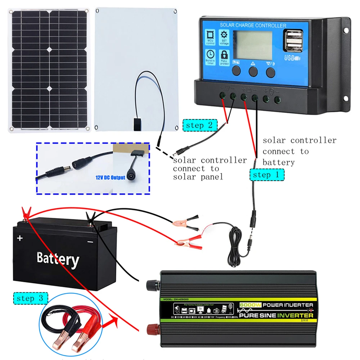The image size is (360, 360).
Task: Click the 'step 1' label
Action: (266, 175)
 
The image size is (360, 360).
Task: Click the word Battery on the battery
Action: (58, 258)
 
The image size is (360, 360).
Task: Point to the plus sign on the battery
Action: (20, 238)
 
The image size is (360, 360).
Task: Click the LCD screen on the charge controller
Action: (253, 44)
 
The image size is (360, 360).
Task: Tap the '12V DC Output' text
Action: (111, 177)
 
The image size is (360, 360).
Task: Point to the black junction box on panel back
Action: (136, 124)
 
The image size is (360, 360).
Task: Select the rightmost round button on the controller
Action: (270, 71)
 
